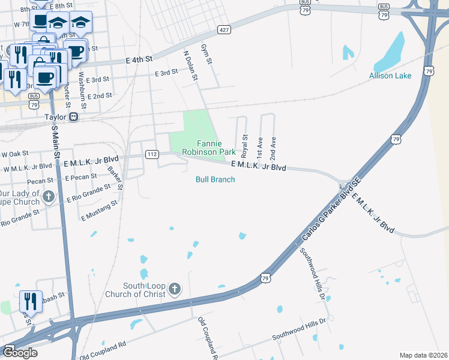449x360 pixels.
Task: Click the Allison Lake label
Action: tap(390, 76)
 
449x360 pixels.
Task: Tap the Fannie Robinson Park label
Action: tap(209, 148)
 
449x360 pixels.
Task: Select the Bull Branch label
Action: tap(215, 179)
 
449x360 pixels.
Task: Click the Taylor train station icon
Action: tap(73, 117)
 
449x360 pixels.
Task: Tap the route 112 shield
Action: tap(152, 155)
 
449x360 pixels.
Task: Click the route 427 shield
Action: tap(224, 29)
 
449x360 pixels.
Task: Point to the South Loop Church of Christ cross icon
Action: tap(174, 290)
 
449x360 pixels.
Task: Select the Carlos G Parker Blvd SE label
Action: tap(330, 209)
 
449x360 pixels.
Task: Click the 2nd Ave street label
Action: tap(273, 146)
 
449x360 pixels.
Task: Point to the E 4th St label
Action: tap(140, 60)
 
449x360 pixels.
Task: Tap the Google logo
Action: tap(20, 352)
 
